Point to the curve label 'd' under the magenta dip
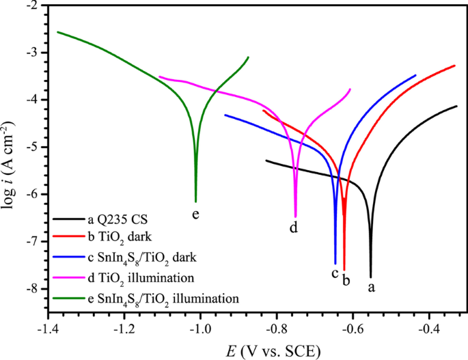tap(294, 228)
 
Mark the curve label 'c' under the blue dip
tap(335, 274)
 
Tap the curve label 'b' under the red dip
tap(346, 280)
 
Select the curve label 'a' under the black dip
tap(372, 287)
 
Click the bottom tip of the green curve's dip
tap(196, 202)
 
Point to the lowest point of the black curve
tap(371, 277)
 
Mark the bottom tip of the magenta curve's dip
tap(295, 217)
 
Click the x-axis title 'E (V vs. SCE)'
tap(272, 349)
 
